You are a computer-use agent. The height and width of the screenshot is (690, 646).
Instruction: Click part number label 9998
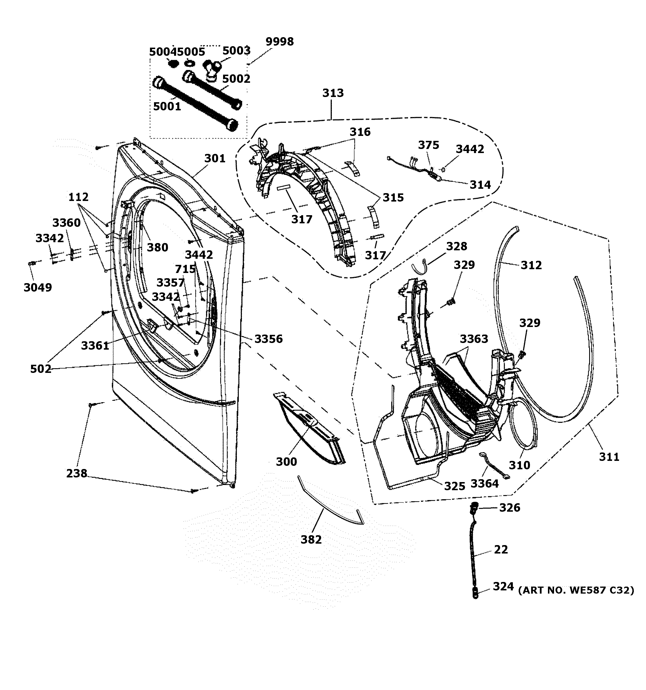tap(279, 42)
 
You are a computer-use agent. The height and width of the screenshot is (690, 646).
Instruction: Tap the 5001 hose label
tap(167, 107)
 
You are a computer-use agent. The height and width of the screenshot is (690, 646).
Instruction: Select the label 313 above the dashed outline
tap(333, 93)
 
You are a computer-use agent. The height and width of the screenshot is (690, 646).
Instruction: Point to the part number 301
tap(215, 159)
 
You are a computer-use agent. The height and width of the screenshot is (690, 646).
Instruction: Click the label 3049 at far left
tap(37, 287)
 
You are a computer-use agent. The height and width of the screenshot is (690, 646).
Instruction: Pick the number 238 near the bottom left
tap(77, 473)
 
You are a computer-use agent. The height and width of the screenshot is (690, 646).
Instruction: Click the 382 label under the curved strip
tap(311, 539)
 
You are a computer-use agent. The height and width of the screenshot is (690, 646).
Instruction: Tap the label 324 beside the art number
tap(503, 587)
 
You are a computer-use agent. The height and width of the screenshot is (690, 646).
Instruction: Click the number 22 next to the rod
tap(501, 549)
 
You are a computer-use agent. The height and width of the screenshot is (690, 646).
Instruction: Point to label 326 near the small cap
tap(509, 508)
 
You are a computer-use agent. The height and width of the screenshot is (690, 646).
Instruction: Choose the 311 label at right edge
tap(609, 457)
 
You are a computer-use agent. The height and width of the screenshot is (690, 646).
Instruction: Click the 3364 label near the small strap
tap(484, 484)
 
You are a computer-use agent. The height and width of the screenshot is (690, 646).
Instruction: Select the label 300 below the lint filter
tap(286, 462)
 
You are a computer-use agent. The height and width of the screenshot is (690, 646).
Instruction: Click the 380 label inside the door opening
tap(158, 247)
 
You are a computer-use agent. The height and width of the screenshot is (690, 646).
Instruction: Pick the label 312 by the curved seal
tap(531, 265)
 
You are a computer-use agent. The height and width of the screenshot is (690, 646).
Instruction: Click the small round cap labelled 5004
tap(173, 64)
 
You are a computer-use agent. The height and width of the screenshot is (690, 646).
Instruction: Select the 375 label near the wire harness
tap(428, 145)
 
